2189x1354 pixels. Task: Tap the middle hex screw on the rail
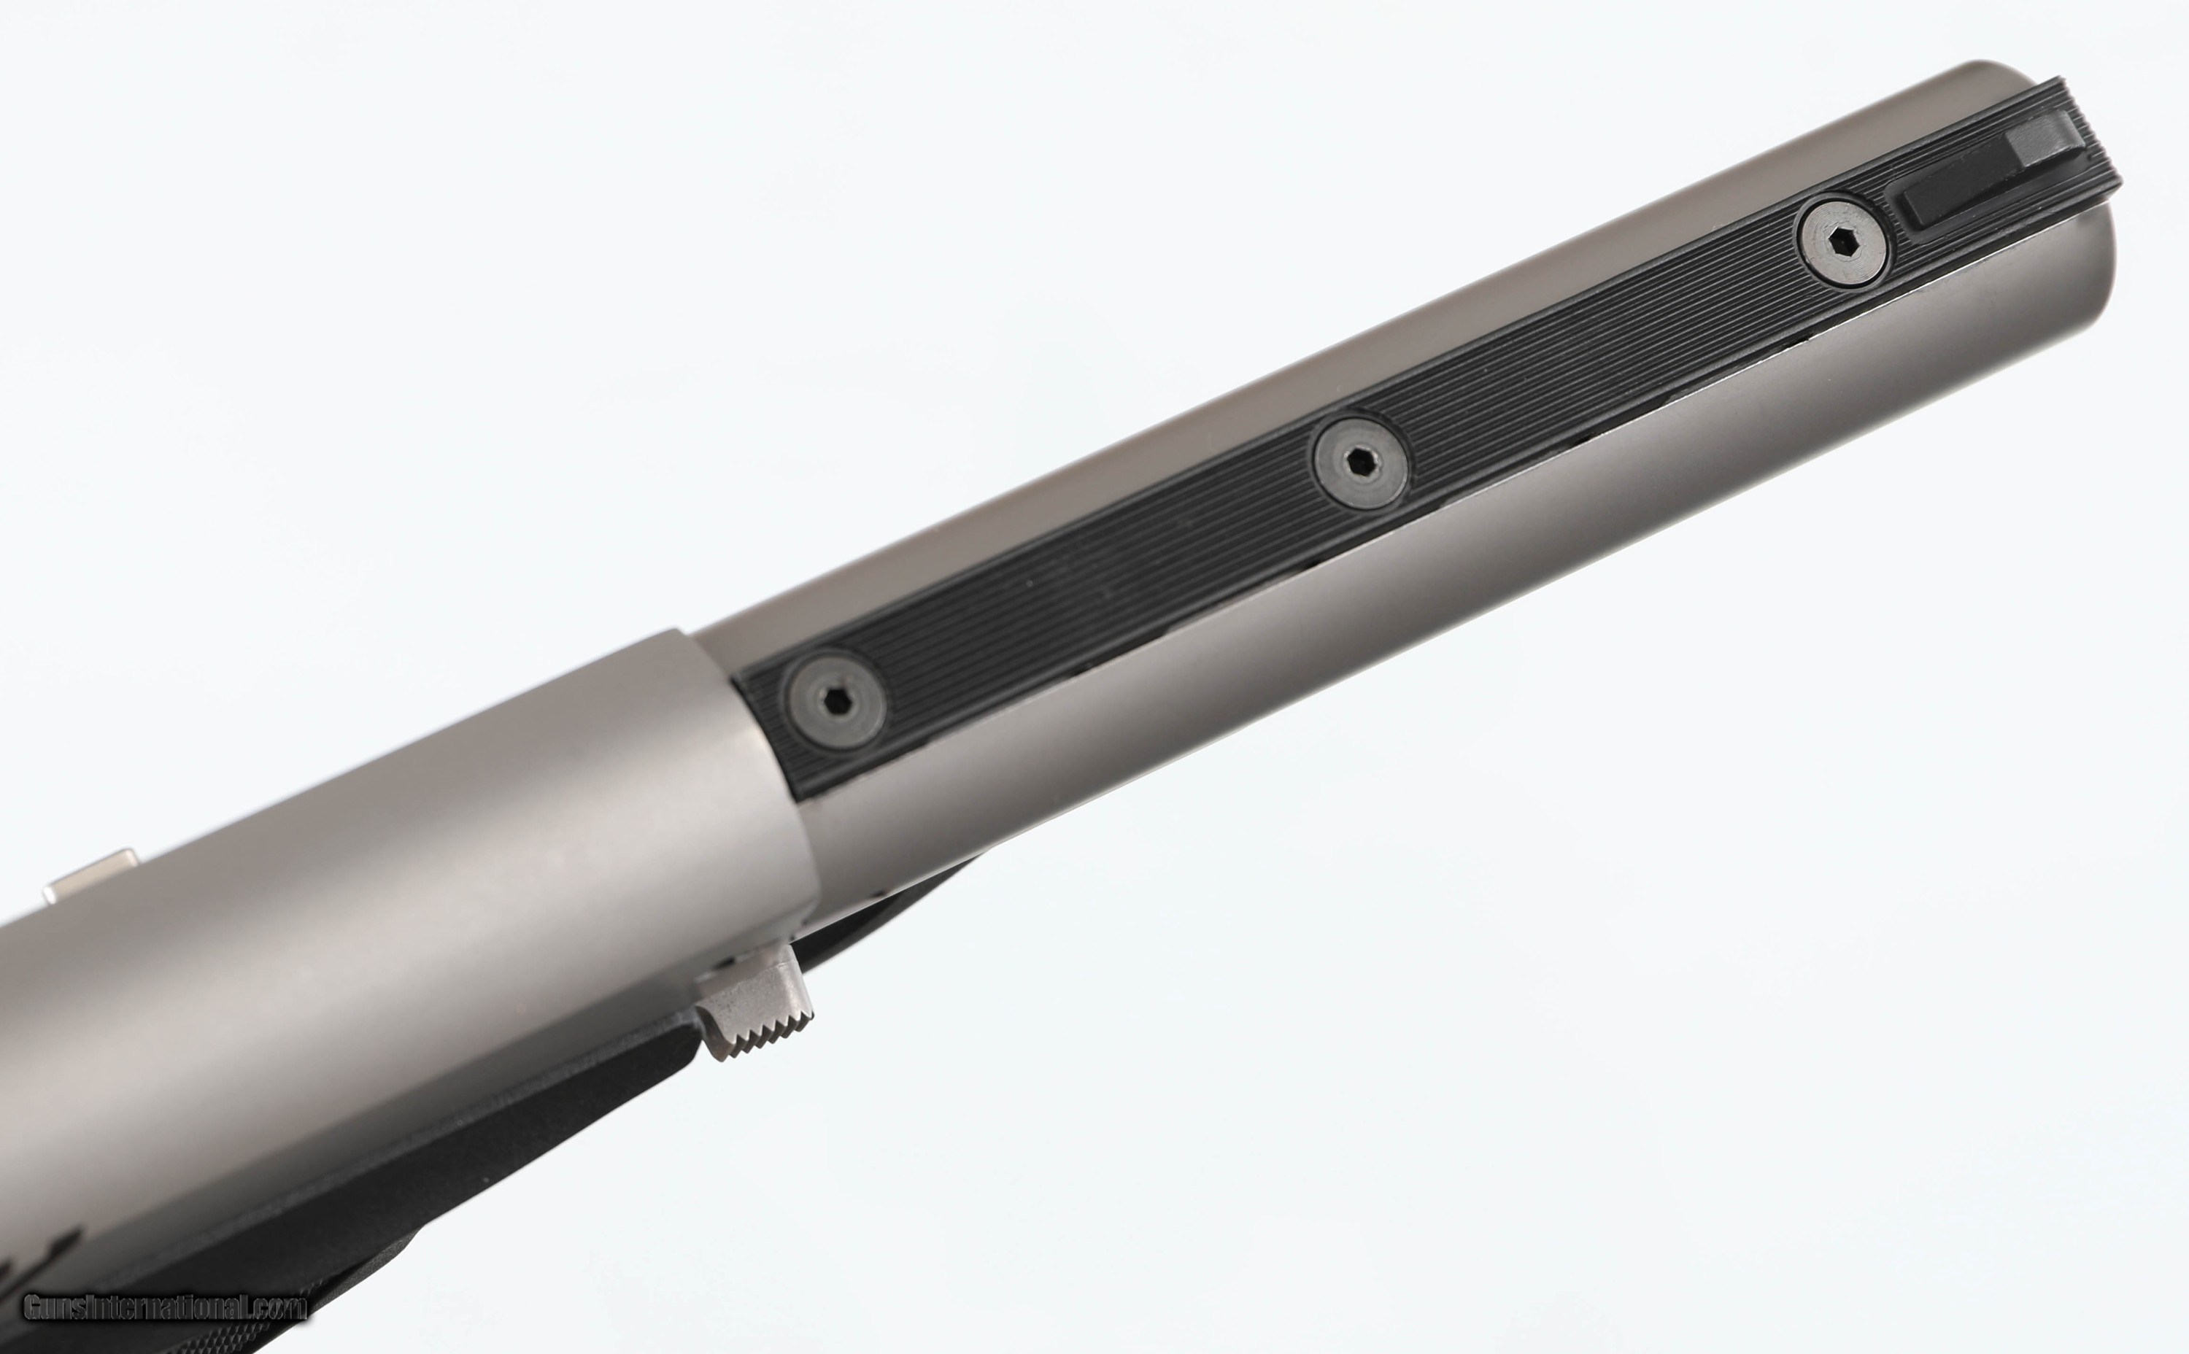click(1359, 462)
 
